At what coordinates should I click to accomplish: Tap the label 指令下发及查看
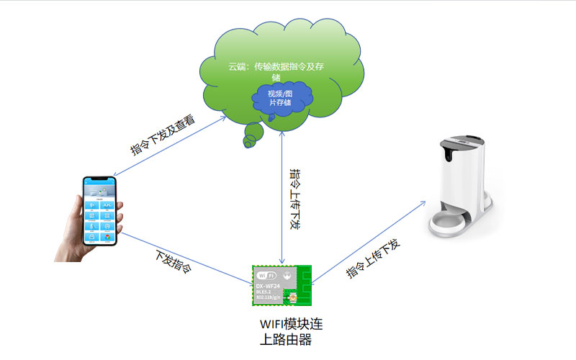click(163, 136)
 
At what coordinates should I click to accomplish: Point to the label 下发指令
click(174, 262)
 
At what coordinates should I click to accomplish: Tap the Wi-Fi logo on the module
click(266, 276)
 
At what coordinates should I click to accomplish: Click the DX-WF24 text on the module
click(269, 286)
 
